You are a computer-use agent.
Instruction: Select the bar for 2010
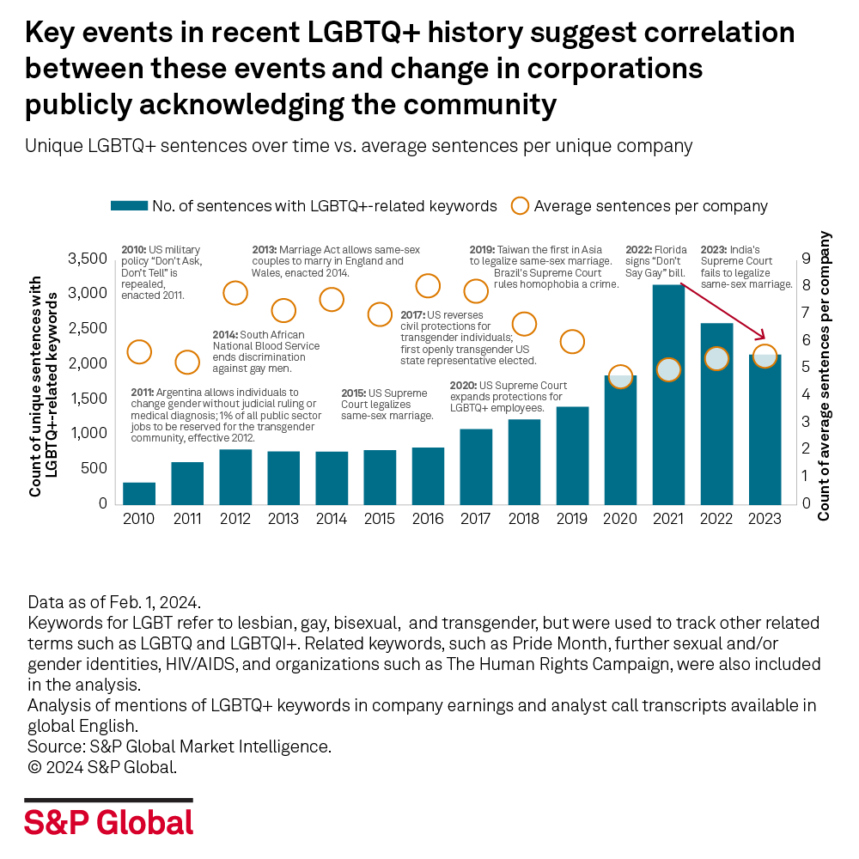click(139, 493)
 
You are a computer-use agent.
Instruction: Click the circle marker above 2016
click(428, 285)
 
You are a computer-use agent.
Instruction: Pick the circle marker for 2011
click(187, 362)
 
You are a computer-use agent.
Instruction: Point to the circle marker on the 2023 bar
click(765, 356)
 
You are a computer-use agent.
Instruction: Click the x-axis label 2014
click(332, 519)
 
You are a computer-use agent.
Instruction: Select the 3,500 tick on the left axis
click(88, 259)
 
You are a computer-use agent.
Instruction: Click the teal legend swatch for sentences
click(129, 206)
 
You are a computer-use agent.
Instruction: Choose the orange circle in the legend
click(519, 206)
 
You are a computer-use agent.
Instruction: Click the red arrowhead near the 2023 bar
click(763, 338)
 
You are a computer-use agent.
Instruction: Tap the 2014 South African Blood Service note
click(266, 351)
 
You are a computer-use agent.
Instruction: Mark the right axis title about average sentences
click(825, 376)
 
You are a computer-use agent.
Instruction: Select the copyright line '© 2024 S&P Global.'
click(103, 767)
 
